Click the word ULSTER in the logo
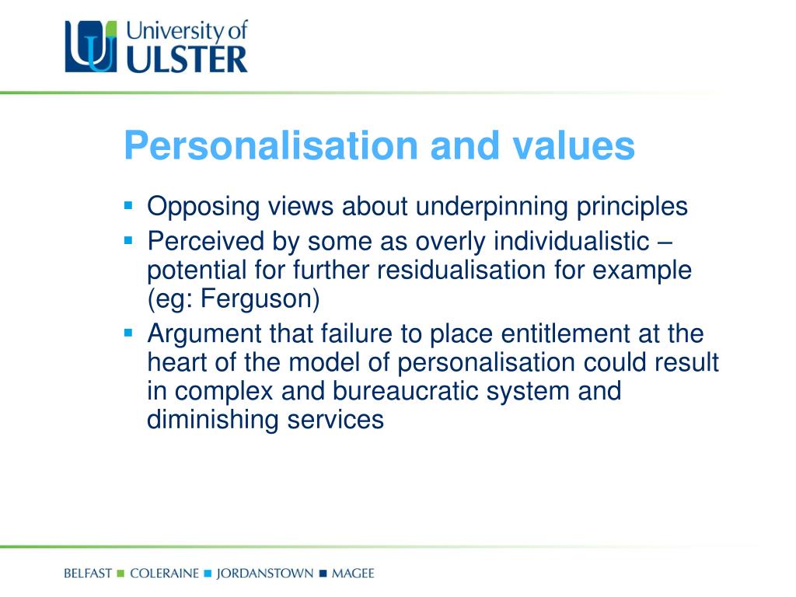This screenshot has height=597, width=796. (x=187, y=59)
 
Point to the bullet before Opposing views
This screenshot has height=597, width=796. (x=129, y=206)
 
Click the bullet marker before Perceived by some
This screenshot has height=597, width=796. (x=129, y=242)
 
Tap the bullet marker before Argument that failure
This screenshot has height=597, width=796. (x=129, y=333)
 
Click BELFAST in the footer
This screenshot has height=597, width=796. (x=89, y=574)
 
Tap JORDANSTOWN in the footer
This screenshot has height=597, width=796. (x=265, y=574)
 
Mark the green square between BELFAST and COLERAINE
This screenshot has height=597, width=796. (x=120, y=574)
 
